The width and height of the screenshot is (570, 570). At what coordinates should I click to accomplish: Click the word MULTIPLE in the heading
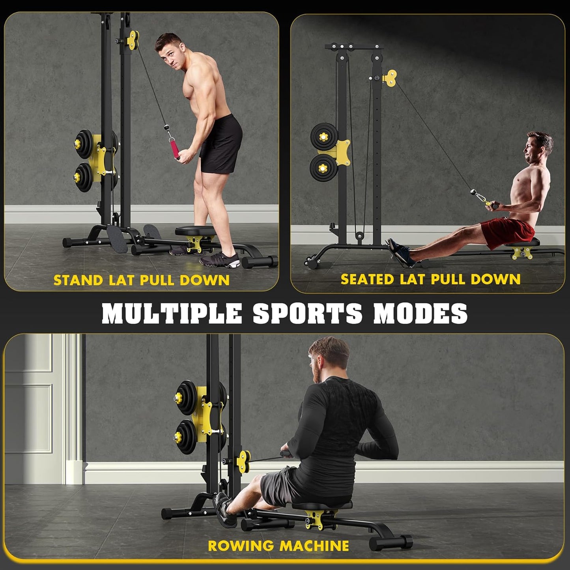click(x=171, y=314)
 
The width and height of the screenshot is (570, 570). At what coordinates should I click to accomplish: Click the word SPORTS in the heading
click(x=308, y=314)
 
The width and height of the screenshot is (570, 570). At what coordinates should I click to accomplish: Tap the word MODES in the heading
click(x=420, y=314)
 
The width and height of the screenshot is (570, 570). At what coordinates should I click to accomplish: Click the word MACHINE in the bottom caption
click(x=314, y=546)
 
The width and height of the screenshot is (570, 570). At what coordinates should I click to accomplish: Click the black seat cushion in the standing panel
click(x=196, y=232)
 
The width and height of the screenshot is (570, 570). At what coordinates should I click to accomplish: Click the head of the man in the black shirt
click(x=329, y=357)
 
